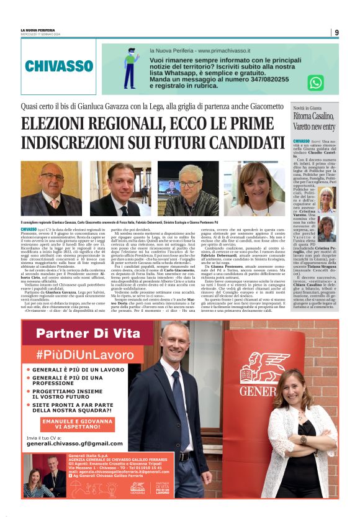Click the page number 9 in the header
pos(336,32)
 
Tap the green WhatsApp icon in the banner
pos(315,83)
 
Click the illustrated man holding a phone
pos(131,68)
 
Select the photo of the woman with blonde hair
pos(254,188)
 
